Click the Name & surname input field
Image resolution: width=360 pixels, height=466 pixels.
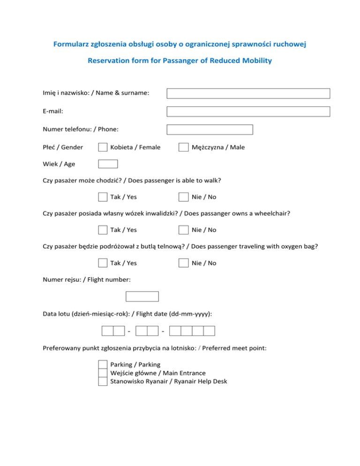[x=248, y=93]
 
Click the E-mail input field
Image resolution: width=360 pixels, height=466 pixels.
[x=248, y=112]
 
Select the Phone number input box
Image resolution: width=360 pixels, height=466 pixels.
[x=210, y=129]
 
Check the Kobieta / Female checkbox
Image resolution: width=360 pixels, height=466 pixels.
[x=103, y=147]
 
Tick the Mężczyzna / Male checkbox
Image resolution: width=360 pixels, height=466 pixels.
[x=183, y=147]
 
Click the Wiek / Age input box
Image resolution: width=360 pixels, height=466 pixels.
[x=108, y=164]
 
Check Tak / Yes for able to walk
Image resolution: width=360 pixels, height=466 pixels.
[x=103, y=197]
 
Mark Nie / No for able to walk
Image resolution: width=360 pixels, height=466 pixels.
[x=183, y=197]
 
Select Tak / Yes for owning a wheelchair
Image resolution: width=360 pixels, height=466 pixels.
[x=103, y=230]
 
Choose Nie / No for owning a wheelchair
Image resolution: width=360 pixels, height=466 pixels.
[x=183, y=230]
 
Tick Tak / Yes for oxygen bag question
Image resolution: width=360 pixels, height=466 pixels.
[x=103, y=263]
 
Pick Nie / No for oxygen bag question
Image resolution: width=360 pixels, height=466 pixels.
[x=183, y=263]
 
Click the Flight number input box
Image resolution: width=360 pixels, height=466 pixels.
[x=142, y=296]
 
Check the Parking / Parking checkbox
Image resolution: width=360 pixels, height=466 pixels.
[x=103, y=364]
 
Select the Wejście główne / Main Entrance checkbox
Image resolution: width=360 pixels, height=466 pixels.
[x=103, y=373]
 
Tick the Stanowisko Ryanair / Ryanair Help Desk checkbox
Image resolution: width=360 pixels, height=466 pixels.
[x=103, y=381]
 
